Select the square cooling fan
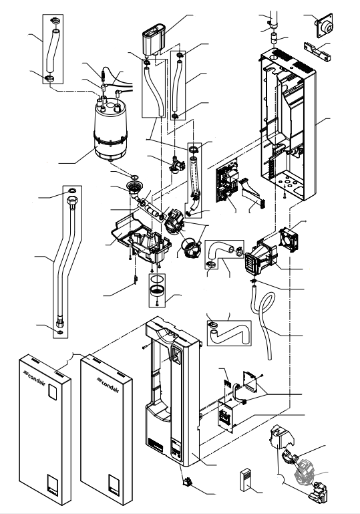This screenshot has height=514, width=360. [290, 240]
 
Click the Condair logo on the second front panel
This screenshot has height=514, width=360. [108, 384]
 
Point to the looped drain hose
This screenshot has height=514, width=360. [264, 323]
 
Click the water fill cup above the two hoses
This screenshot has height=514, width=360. [153, 39]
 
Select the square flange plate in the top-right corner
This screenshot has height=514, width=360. [324, 25]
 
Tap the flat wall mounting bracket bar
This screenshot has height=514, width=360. [317, 51]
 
